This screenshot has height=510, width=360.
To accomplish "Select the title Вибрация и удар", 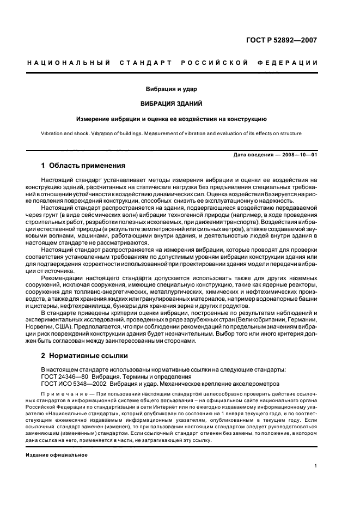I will (170, 89).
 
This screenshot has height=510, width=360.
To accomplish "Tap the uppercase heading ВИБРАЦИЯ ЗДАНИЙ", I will (170, 103).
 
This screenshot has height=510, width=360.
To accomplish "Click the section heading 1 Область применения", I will (83, 166).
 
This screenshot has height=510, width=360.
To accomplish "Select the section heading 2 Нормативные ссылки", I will (84, 355).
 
